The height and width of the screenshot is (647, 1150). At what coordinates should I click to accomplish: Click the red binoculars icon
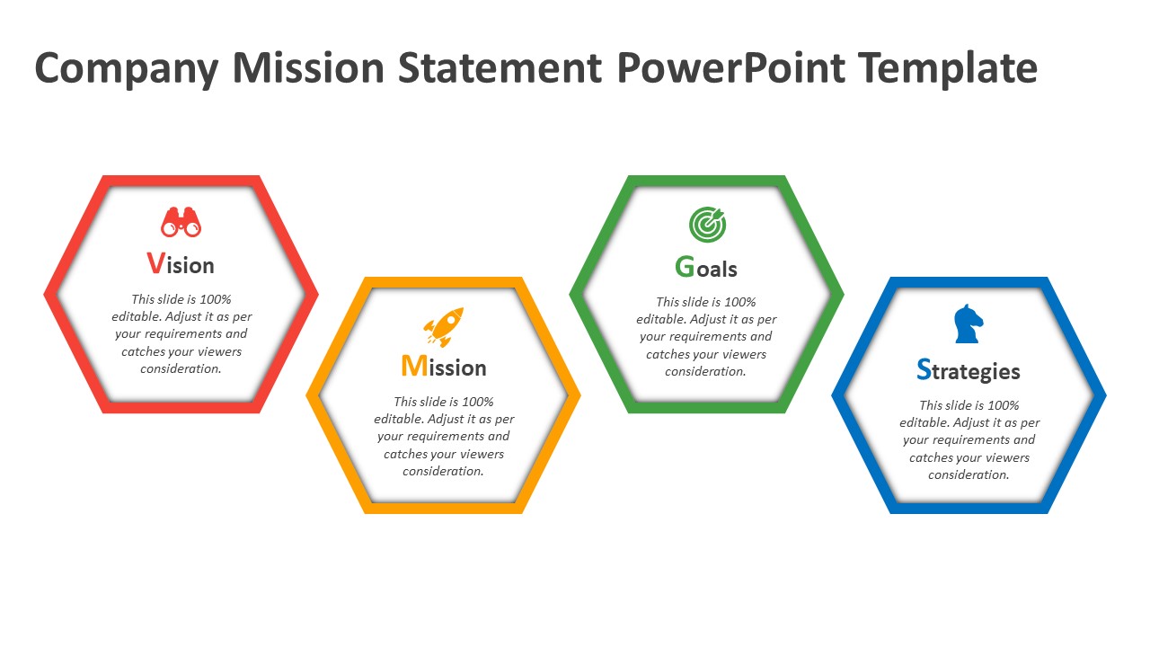(181, 222)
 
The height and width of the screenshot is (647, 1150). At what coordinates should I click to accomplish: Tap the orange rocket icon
(444, 326)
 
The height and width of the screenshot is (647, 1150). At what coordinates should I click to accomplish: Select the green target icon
(707, 225)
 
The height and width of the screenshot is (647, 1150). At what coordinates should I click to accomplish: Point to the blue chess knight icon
(969, 323)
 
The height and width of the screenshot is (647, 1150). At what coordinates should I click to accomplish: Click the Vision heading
(181, 264)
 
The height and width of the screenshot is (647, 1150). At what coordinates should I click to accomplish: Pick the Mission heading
(444, 366)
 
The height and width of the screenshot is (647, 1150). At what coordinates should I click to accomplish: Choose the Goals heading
(706, 267)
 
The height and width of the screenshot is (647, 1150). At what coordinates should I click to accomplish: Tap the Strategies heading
(969, 370)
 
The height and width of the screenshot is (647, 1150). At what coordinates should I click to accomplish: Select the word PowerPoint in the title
(731, 67)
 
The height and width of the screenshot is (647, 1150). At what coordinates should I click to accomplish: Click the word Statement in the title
(500, 67)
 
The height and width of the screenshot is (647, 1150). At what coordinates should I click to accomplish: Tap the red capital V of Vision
(155, 263)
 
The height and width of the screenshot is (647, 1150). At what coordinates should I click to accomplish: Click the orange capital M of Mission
(414, 366)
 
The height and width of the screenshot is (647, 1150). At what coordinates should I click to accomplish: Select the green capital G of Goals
(685, 267)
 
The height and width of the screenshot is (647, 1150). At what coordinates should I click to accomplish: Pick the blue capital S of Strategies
(924, 369)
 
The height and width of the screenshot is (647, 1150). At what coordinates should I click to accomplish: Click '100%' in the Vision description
(216, 299)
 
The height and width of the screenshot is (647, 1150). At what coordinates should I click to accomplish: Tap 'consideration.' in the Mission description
(443, 472)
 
